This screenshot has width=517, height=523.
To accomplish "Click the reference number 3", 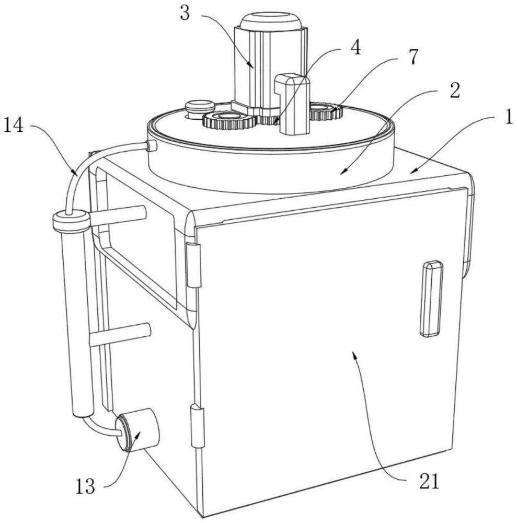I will tap(185, 13).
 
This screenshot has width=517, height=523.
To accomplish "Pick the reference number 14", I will tap(15, 126).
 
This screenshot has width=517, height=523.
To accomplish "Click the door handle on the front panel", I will tap(431, 299).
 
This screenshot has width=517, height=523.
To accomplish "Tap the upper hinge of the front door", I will tap(194, 265).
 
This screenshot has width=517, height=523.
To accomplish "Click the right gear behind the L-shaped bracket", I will tap(325, 111).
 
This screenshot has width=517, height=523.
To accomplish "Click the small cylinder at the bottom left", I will tap(138, 430).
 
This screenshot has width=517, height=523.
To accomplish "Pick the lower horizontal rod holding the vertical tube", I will tap(120, 335).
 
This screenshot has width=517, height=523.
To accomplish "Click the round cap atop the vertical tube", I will tap(72, 221).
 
